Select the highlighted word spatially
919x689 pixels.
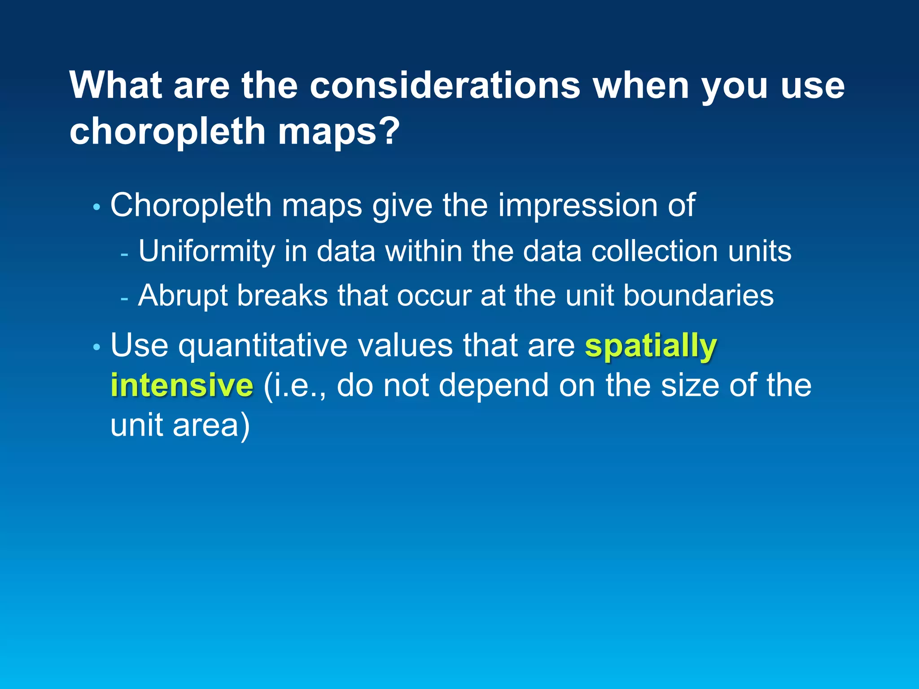[x=651, y=346]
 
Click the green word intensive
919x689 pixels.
[x=182, y=385]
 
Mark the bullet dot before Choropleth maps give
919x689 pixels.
[x=96, y=207]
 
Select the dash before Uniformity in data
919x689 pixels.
[x=124, y=254]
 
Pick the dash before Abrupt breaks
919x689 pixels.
[x=124, y=298]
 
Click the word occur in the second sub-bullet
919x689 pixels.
[x=433, y=296]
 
